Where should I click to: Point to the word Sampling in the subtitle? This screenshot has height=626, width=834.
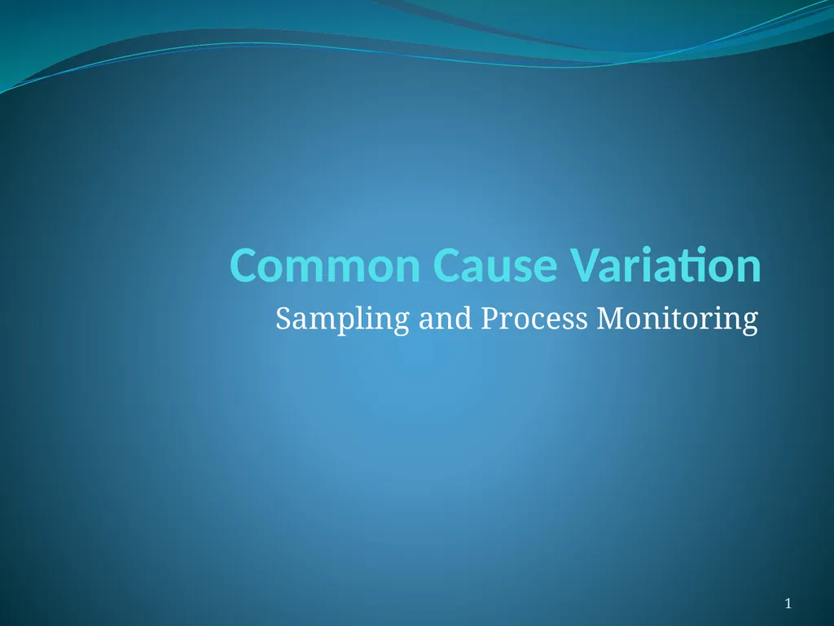[342, 320]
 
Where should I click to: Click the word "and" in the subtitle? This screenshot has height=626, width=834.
[445, 319]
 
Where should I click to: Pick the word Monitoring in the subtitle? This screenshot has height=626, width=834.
[677, 320]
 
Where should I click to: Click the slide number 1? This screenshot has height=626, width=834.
[788, 603]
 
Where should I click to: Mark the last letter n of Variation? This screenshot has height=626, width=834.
[748, 269]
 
